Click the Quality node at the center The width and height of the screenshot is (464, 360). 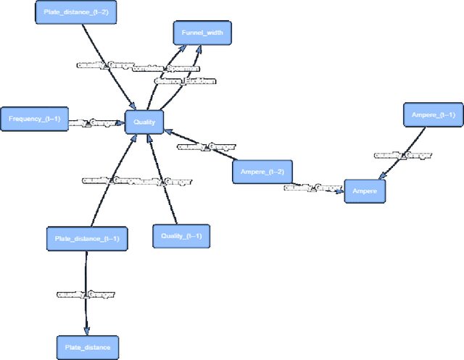[x=145, y=122]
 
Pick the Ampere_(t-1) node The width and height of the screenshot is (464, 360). [x=433, y=115]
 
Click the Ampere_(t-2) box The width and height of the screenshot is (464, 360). [x=262, y=171]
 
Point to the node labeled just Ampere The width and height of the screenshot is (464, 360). [x=365, y=191]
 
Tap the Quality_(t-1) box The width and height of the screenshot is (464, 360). [x=181, y=236]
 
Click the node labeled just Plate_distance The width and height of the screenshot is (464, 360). [x=87, y=347]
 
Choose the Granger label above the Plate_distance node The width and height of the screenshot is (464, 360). [x=86, y=295]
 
